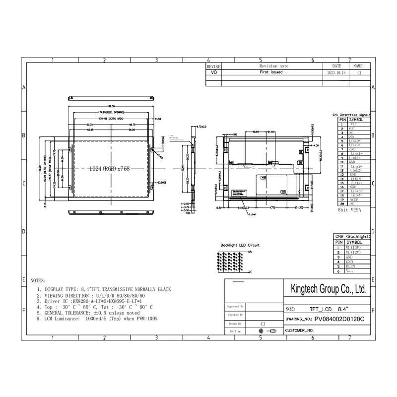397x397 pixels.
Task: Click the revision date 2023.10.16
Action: (336, 72)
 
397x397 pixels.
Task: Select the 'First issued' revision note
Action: (271, 72)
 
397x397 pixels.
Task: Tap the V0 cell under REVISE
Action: (214, 72)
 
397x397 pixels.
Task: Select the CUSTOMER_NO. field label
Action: (299, 330)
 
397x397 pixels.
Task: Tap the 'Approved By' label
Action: (235, 307)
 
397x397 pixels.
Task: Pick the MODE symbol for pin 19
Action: (354, 199)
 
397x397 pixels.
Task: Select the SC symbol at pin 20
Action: (352, 204)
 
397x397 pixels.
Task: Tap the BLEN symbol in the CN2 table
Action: (351, 266)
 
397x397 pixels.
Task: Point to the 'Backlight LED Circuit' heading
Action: (240, 245)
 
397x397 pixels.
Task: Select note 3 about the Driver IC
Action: (90, 301)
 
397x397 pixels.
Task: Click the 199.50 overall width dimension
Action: (111, 106)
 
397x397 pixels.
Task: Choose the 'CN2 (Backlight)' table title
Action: (353, 237)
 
